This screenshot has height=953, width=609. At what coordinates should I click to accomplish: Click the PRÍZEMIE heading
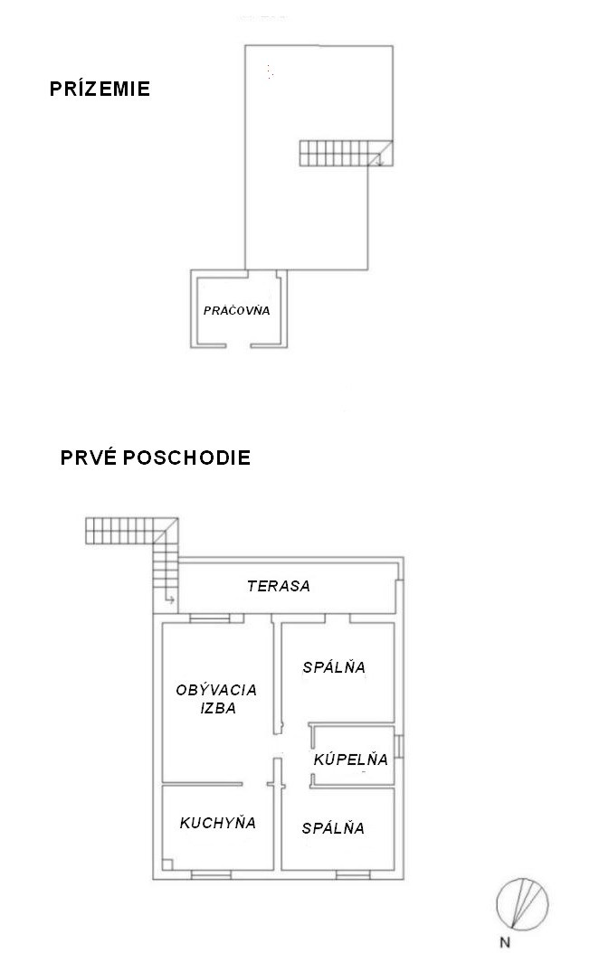click(x=100, y=89)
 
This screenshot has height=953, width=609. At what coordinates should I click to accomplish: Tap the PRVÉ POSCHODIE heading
click(x=155, y=457)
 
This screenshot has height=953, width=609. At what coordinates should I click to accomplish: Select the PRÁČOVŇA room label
click(x=237, y=310)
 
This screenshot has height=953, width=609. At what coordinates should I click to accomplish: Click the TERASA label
click(x=279, y=586)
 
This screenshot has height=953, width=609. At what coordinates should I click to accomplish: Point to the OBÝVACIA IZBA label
click(x=216, y=698)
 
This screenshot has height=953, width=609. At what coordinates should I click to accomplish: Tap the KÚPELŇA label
click(x=350, y=759)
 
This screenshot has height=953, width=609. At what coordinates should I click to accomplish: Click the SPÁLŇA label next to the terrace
click(x=334, y=666)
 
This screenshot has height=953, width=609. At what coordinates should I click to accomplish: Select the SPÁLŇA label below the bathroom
click(x=333, y=828)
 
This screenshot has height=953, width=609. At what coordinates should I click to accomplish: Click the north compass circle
click(x=522, y=904)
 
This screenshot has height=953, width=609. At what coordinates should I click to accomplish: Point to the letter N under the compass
click(x=504, y=943)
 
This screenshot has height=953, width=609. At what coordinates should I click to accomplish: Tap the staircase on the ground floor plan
click(x=346, y=153)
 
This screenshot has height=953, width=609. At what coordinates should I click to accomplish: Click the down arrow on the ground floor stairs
click(x=380, y=158)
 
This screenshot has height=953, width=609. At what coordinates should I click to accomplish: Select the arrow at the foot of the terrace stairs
click(x=170, y=599)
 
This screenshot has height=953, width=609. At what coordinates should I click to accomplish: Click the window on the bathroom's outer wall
click(x=399, y=747)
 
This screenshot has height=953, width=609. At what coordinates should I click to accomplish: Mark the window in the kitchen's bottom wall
click(x=211, y=875)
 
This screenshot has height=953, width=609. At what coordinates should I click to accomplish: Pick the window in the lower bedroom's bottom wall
click(x=353, y=875)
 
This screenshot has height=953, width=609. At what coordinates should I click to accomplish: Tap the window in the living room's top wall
click(x=209, y=618)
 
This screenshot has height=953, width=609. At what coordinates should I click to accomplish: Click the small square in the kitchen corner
click(x=167, y=864)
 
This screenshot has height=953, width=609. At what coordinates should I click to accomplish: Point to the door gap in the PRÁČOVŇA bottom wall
click(x=239, y=345)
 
